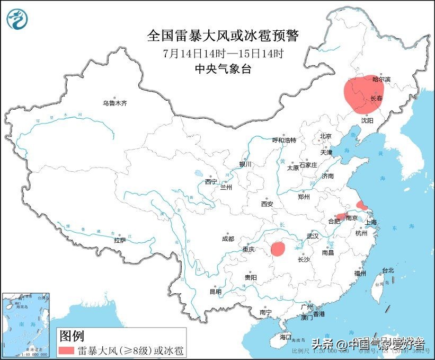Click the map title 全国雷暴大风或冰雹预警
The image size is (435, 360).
[x=223, y=36]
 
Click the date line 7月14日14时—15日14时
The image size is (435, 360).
[x=223, y=53]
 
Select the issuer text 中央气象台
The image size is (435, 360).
[x=223, y=69]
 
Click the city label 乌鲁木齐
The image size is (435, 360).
[x=115, y=103]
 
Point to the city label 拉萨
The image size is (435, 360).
[x=120, y=240]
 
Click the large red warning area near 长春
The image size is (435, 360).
[x=365, y=94]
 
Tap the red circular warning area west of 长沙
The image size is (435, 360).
[x=278, y=249]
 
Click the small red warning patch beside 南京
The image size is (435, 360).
[x=342, y=216]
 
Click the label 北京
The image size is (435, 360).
[x=325, y=136]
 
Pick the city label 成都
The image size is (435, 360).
[x=228, y=239]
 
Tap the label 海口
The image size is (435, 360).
[x=286, y=337]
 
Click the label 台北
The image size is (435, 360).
[x=388, y=270]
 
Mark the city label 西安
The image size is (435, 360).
[x=267, y=204]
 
